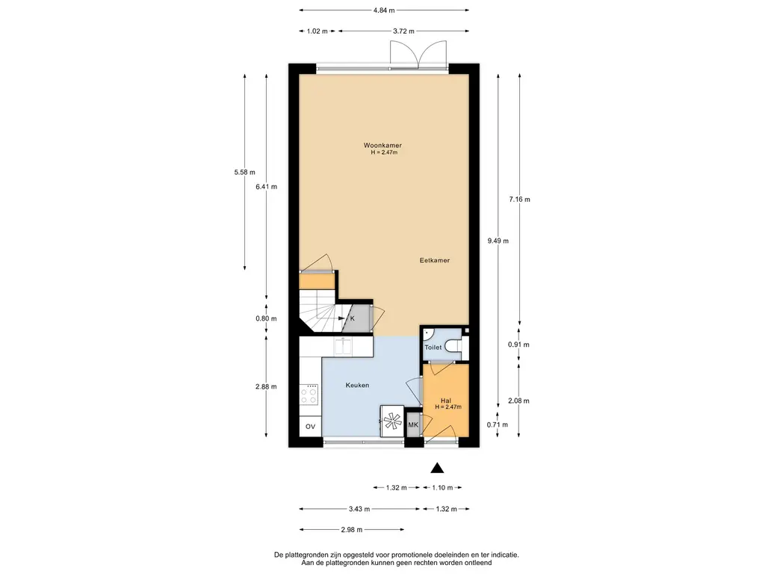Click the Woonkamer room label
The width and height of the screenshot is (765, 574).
[x=382, y=146]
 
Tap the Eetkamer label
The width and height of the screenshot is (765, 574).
[x=435, y=261]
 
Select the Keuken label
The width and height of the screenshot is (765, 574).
[x=357, y=385]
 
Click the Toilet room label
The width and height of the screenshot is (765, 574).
[x=433, y=348]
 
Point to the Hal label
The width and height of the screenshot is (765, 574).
[x=445, y=401]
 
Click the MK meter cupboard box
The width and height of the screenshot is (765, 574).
[x=413, y=425]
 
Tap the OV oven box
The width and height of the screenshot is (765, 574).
[x=310, y=427]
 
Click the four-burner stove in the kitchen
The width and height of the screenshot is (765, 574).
[x=309, y=395]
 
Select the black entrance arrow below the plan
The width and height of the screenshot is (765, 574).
[x=437, y=468]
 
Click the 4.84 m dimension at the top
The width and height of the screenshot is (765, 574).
[x=384, y=10]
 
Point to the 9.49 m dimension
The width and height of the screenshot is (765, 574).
[x=498, y=241]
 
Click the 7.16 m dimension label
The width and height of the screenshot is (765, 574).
[x=520, y=199]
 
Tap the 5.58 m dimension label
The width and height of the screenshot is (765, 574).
[x=244, y=173]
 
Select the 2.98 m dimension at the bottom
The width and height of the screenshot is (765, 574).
[x=352, y=530]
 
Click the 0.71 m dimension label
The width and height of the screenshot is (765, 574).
[x=497, y=425]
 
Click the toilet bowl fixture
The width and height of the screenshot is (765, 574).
[x=457, y=347]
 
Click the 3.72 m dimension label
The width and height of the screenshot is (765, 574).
[x=403, y=31]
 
